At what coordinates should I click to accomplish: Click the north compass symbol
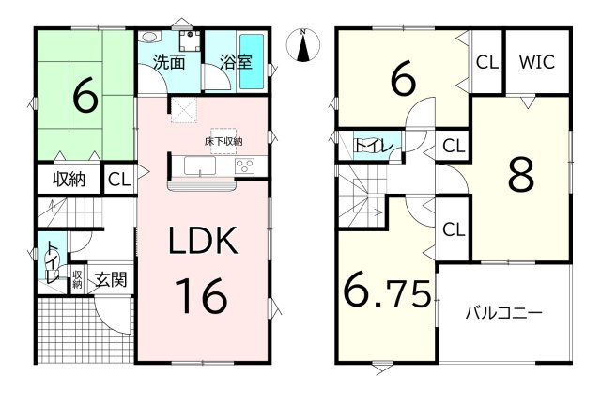point(302,45)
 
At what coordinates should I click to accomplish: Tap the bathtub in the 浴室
point(252,61)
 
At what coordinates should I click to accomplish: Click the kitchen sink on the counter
point(199,165)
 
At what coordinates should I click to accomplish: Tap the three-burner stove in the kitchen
point(244,165)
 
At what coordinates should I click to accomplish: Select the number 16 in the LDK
point(201,295)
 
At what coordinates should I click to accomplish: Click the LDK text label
point(203,241)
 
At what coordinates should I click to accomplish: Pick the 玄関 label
point(111,279)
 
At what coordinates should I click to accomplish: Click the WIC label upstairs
point(536,62)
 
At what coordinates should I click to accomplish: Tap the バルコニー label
point(503,314)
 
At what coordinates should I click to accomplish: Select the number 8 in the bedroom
point(521,175)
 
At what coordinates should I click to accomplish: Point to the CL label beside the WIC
point(487,62)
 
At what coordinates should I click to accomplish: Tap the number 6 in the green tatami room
point(85,95)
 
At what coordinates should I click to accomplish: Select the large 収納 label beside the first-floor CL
point(69,179)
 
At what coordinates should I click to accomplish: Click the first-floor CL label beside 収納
point(119,180)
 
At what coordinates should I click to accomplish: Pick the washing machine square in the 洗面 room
point(190,40)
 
